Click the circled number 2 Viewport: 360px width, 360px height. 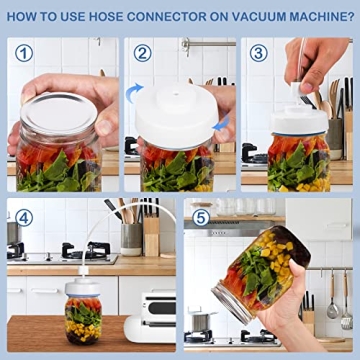tap(143, 53)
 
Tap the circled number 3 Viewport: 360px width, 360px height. tap(259, 53)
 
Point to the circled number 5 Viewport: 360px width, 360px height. tap(202, 217)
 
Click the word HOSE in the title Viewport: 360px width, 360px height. tap(119, 17)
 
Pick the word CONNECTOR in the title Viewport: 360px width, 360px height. tap(177, 17)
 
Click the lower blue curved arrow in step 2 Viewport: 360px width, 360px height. tap(221, 125)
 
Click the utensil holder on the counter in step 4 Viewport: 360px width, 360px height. tap(131, 236)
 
